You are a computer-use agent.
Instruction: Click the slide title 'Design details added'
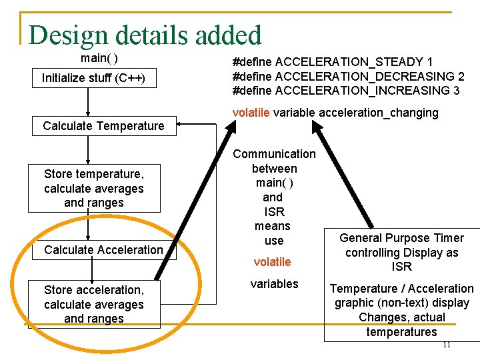[145, 35]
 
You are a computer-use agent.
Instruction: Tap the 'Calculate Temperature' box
[103, 126]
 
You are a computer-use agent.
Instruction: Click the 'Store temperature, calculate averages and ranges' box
[93, 188]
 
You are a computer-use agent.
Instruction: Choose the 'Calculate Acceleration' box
[103, 250]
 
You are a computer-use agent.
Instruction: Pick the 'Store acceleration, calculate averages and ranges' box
[93, 304]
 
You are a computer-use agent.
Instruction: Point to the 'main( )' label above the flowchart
[99, 58]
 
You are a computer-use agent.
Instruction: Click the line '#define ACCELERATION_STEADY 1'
[332, 62]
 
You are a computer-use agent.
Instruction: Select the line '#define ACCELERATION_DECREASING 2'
[348, 76]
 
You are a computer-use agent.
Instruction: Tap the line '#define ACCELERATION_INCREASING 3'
[345, 90]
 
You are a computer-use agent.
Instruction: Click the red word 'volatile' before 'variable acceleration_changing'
[251, 113]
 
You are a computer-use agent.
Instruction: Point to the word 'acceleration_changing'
[379, 113]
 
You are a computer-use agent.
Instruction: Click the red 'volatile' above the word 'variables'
[273, 262]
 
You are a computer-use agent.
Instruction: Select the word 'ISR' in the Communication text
[274, 212]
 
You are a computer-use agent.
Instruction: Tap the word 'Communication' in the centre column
[274, 154]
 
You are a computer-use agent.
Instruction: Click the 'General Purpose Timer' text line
[401, 238]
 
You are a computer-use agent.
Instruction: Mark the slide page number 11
[447, 345]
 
